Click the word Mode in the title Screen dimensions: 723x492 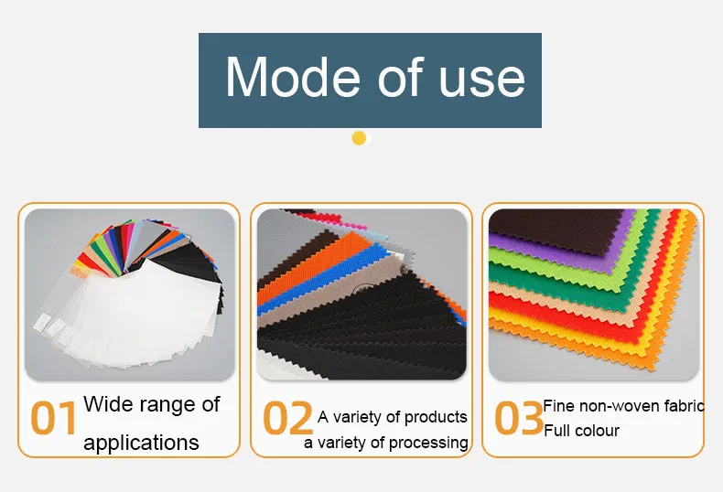[x=292, y=77]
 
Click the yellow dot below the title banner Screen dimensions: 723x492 [x=359, y=138]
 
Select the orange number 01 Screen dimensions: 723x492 [x=53, y=418]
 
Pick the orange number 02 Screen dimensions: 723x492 [x=287, y=418]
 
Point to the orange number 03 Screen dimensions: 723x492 [x=519, y=418]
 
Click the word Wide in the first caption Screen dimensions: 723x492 [x=108, y=404]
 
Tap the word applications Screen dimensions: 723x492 [x=141, y=444]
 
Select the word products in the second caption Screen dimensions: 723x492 [x=436, y=417]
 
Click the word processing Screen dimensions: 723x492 [x=428, y=444]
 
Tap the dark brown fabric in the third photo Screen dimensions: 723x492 [x=554, y=228]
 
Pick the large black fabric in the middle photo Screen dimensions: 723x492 [x=364, y=332]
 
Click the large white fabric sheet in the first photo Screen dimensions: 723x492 [x=143, y=314]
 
